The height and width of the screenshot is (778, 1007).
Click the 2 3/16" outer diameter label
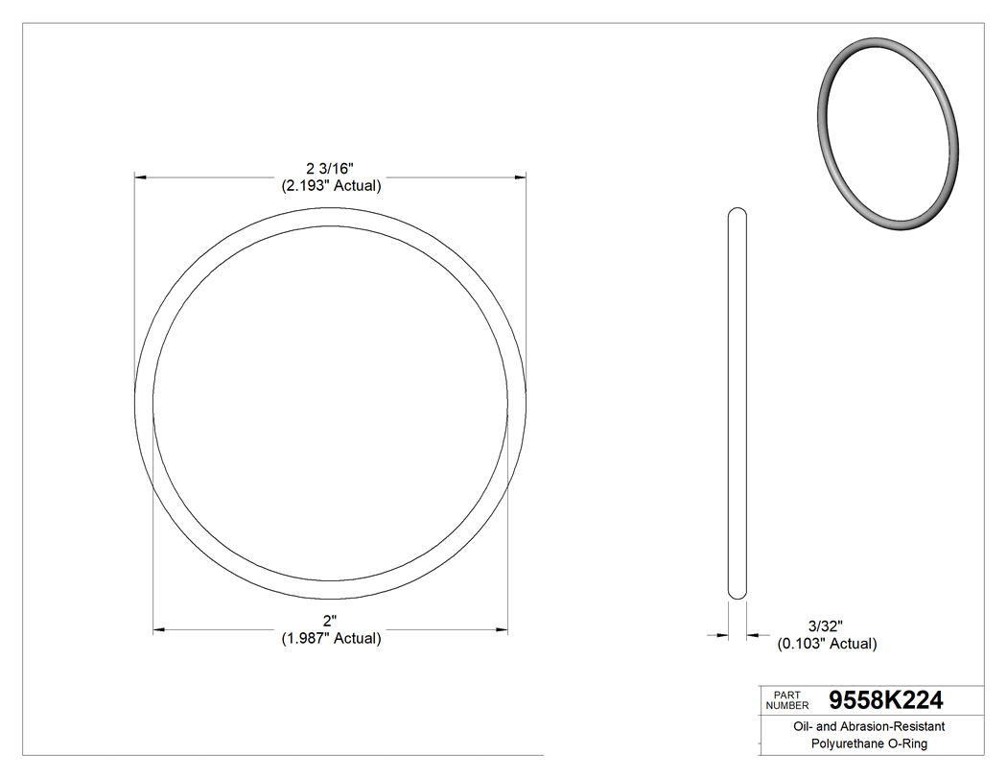tap(331, 169)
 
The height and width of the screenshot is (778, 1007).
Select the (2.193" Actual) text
tap(331, 186)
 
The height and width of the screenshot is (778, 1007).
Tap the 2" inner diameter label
tap(331, 621)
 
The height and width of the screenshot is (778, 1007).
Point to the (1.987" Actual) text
tap(331, 638)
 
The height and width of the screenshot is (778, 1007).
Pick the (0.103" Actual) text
tap(826, 644)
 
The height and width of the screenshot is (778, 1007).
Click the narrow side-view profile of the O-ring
tap(738, 403)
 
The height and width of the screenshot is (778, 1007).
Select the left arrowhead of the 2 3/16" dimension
tap(139, 177)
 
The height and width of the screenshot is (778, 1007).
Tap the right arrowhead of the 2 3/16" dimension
tap(522, 177)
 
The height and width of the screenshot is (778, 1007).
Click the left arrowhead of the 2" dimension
tap(158, 630)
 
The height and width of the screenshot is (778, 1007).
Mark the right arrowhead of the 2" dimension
tap(503, 630)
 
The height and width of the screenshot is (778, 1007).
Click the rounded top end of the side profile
tap(738, 213)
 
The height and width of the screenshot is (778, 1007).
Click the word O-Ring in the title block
tap(906, 743)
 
